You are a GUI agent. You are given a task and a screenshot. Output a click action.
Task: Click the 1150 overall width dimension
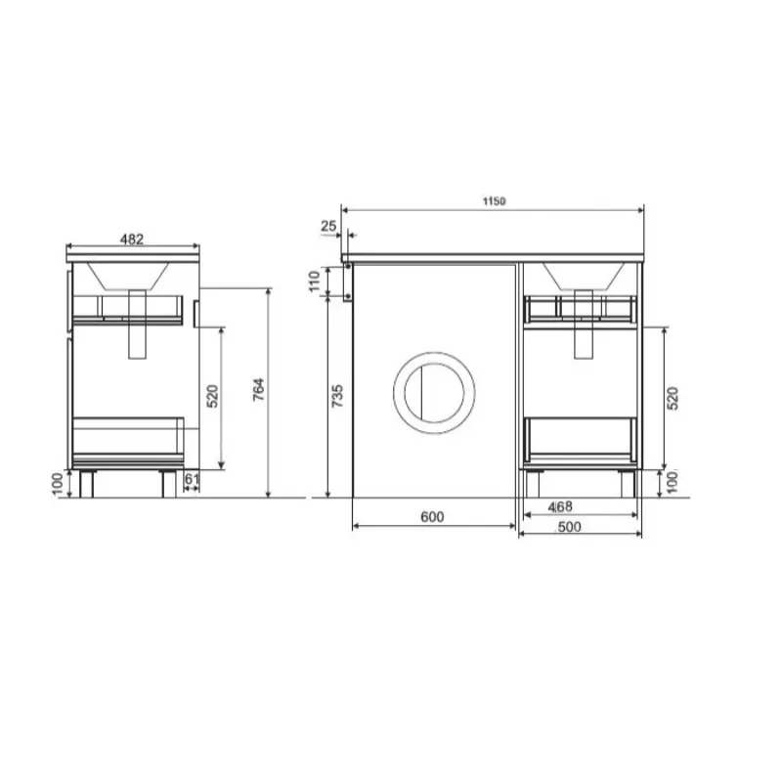(x=494, y=201)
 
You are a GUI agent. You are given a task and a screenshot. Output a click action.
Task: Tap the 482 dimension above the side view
(x=132, y=239)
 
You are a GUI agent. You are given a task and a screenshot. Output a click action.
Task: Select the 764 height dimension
(x=258, y=390)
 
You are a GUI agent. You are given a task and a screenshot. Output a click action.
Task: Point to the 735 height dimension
(x=337, y=396)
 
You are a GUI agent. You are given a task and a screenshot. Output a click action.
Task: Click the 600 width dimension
(x=432, y=517)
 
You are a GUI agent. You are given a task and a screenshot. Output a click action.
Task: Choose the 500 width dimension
(x=569, y=527)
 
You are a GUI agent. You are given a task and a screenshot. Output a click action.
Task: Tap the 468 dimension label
(x=560, y=506)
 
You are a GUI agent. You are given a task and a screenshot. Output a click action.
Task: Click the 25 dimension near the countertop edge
(x=328, y=226)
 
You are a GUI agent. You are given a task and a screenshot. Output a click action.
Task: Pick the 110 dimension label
(x=314, y=282)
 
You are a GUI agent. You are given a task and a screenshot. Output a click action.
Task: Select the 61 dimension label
(x=192, y=479)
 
